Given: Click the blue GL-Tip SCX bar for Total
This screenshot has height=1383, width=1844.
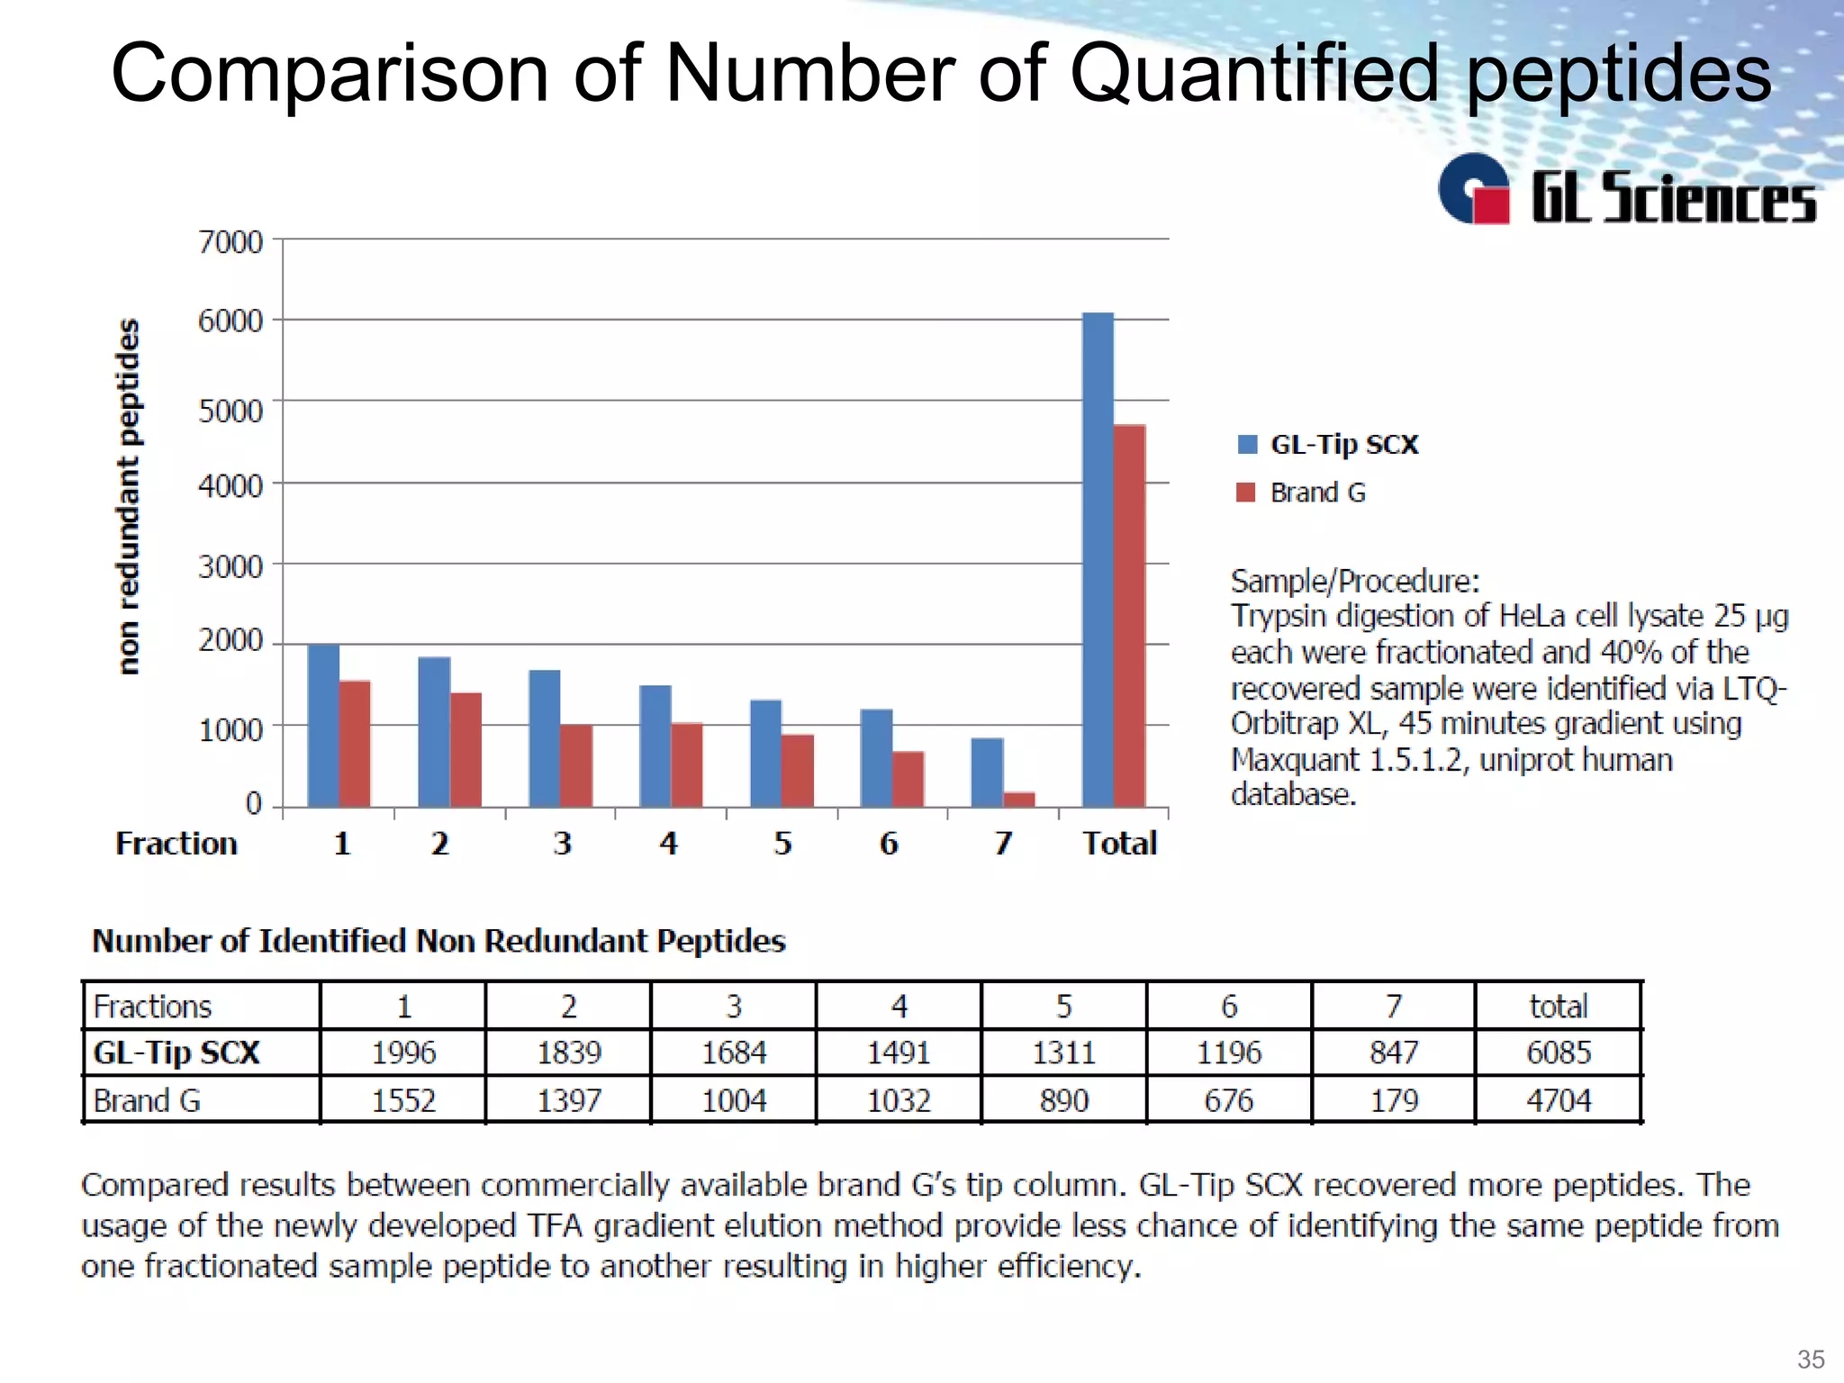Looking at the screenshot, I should (1098, 558).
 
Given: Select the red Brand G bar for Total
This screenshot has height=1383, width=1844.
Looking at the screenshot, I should (1129, 616).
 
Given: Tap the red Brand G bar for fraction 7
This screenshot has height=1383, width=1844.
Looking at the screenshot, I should (1018, 799).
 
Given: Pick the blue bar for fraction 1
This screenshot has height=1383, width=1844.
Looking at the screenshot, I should (323, 725).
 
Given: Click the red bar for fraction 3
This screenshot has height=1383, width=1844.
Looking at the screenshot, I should (576, 765).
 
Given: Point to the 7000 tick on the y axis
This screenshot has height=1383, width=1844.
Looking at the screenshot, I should (230, 241).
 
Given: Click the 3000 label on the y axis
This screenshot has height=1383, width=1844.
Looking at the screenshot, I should (230, 566).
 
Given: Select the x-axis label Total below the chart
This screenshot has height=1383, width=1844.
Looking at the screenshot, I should (1119, 844).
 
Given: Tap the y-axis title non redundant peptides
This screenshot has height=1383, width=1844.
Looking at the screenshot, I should (130, 496).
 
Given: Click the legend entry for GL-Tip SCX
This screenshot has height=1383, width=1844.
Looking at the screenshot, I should (1343, 445).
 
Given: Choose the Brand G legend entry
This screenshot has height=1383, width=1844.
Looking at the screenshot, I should (1317, 493).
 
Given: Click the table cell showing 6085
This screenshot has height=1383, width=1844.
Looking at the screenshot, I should (1559, 1053).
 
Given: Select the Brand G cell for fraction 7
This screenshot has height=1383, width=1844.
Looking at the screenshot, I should (1394, 1100).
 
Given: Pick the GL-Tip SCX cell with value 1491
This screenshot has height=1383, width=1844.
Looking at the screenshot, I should (899, 1053).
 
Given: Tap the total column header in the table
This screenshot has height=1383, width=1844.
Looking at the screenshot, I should (1559, 1006).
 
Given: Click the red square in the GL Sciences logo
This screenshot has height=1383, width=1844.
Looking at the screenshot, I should (1490, 205).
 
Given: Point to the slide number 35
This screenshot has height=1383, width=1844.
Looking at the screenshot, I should (1811, 1359).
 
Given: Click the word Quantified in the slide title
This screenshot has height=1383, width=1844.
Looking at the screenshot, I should (1254, 74).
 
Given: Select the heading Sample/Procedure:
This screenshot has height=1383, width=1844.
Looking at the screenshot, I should (1354, 582).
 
